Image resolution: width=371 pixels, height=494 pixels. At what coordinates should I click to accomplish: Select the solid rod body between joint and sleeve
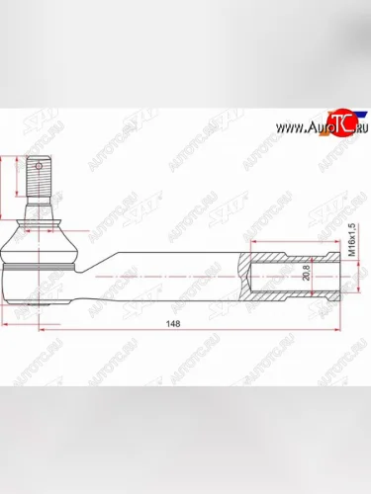[168, 274]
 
